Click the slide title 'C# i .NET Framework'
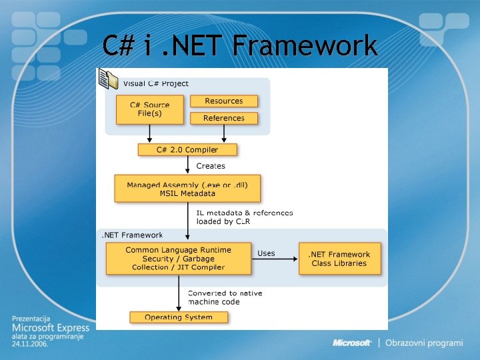(x=240, y=46)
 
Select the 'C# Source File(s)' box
(x=149, y=109)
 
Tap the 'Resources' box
(x=224, y=101)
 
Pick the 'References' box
(x=224, y=118)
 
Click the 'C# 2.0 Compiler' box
(x=187, y=150)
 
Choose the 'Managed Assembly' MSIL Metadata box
(x=187, y=189)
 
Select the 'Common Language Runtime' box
(x=179, y=259)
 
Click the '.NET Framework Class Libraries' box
(x=339, y=259)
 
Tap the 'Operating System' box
(x=179, y=317)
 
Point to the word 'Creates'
(x=211, y=166)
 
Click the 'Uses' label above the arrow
(x=266, y=253)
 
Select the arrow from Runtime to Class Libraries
(x=275, y=259)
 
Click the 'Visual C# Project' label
(x=156, y=83)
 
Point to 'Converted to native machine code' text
(x=225, y=297)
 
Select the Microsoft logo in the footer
(x=352, y=343)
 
